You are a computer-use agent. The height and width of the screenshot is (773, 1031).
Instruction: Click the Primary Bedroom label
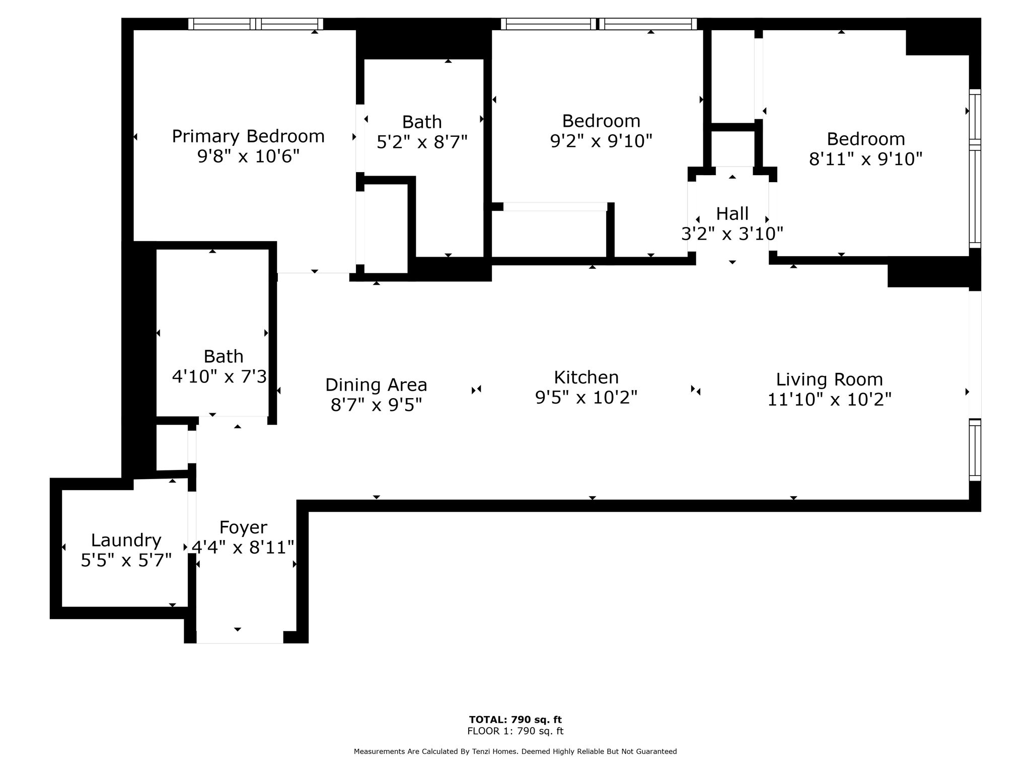point(248,137)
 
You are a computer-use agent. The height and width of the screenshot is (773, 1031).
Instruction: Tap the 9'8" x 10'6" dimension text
point(248,157)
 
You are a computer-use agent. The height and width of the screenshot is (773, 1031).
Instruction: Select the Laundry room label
point(126,541)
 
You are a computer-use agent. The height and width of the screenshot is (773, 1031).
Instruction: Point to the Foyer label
point(243,528)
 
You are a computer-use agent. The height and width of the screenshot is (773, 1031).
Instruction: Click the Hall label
point(732,214)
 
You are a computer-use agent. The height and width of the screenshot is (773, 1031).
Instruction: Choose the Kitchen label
point(586,377)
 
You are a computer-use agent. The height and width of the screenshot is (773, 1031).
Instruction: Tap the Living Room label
point(829,380)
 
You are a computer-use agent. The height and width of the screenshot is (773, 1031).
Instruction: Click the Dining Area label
point(376,385)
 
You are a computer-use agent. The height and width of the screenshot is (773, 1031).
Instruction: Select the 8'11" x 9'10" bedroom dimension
point(865,159)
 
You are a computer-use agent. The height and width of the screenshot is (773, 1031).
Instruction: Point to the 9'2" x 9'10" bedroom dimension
point(601,141)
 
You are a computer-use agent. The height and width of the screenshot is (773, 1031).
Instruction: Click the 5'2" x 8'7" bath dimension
point(422,142)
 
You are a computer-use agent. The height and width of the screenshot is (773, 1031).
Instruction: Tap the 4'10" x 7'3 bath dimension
point(219,376)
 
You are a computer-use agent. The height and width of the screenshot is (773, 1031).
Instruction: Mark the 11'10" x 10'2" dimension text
point(829,400)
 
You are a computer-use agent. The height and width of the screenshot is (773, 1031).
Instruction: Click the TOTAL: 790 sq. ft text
point(515,720)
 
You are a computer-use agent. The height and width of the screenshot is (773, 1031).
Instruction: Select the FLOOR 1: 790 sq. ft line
point(515,731)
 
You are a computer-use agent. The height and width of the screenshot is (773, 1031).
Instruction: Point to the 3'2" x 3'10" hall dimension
point(732,234)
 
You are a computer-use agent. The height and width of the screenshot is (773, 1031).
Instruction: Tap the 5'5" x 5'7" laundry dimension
point(126,560)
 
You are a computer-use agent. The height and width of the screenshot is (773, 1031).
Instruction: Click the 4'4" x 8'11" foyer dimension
point(243,548)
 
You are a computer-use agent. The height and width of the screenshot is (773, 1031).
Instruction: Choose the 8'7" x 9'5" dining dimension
point(376,405)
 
